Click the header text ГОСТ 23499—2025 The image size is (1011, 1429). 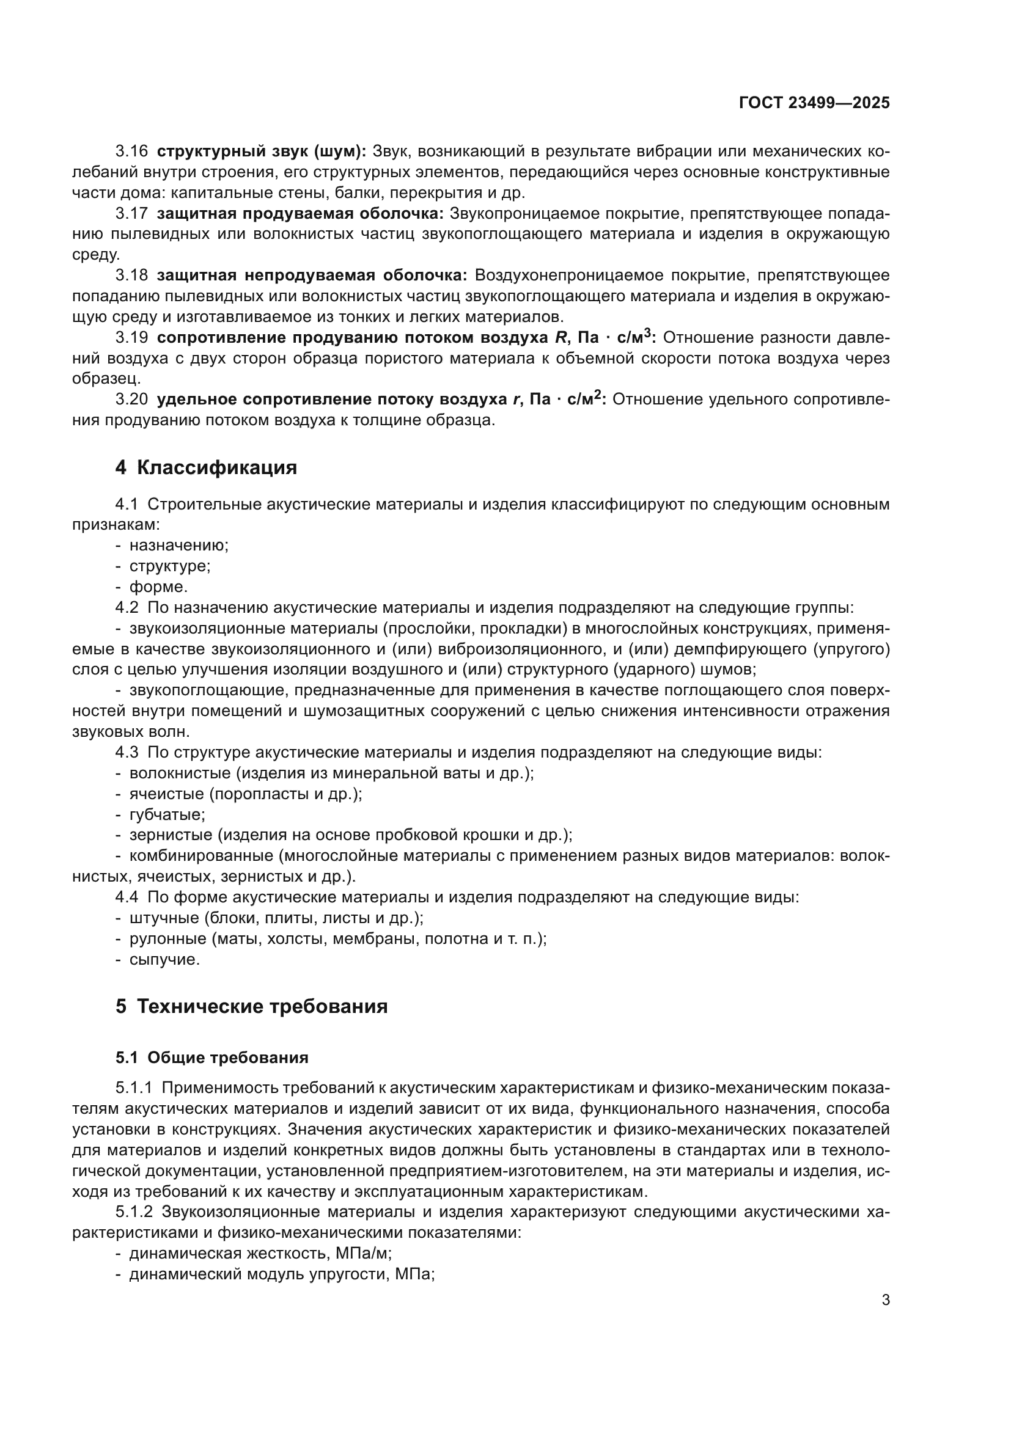814,103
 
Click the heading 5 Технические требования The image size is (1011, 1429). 251,1006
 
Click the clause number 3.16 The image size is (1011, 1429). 131,152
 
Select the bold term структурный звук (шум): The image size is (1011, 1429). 262,152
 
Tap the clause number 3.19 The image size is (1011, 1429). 131,338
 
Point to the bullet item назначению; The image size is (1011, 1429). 178,546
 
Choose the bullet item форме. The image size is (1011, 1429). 158,587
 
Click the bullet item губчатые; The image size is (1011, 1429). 167,815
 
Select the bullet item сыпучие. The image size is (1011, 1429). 164,960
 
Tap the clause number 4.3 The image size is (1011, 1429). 127,753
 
